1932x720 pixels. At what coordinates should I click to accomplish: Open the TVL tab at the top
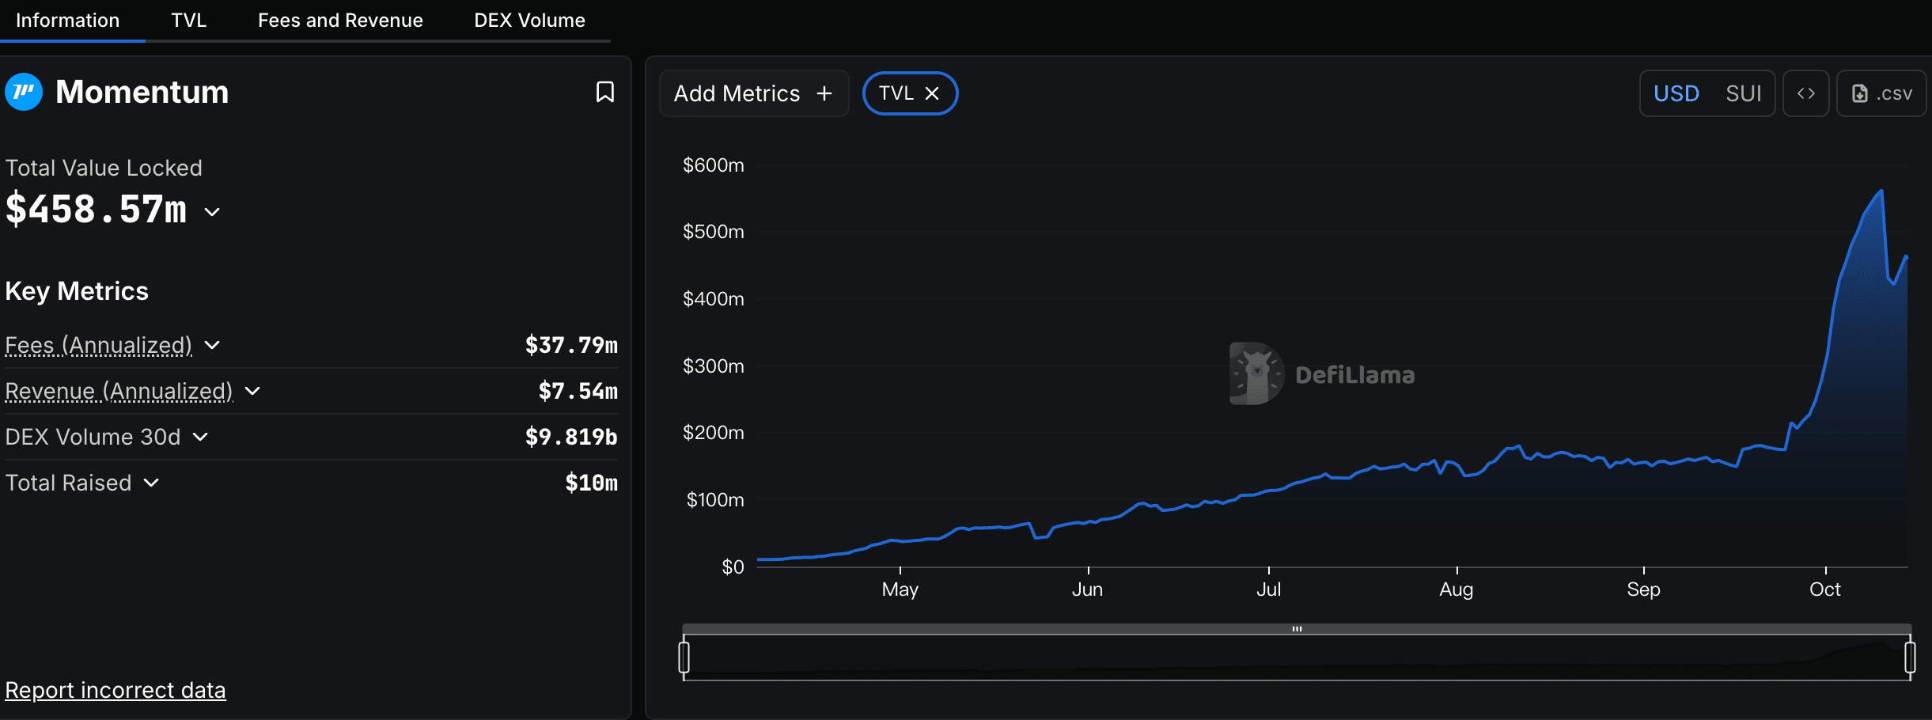click(188, 21)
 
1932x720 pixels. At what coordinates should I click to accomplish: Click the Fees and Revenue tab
click(340, 21)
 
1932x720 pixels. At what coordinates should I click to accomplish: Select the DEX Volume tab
click(529, 21)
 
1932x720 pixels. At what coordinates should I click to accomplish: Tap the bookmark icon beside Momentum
click(605, 93)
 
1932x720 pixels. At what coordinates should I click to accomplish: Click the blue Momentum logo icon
click(24, 92)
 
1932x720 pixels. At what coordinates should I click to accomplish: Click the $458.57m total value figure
click(97, 210)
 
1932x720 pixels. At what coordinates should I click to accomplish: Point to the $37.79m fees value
click(571, 345)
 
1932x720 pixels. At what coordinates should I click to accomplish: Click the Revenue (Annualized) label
click(119, 391)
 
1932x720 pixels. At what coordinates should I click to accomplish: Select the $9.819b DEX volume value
click(571, 437)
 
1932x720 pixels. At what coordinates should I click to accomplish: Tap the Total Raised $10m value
click(591, 483)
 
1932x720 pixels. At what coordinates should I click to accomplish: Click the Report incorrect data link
click(116, 690)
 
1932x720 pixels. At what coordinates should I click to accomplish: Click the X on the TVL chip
click(932, 93)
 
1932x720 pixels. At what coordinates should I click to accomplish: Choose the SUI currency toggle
click(1743, 93)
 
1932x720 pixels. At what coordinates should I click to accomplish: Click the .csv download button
click(1881, 93)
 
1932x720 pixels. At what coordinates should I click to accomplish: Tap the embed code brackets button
click(1805, 93)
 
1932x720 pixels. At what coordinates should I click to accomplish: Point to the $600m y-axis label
click(713, 165)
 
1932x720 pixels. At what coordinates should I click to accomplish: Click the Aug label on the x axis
click(1456, 589)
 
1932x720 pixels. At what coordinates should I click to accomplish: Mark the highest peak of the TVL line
click(1881, 191)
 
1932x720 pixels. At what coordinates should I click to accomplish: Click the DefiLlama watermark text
click(1354, 375)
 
